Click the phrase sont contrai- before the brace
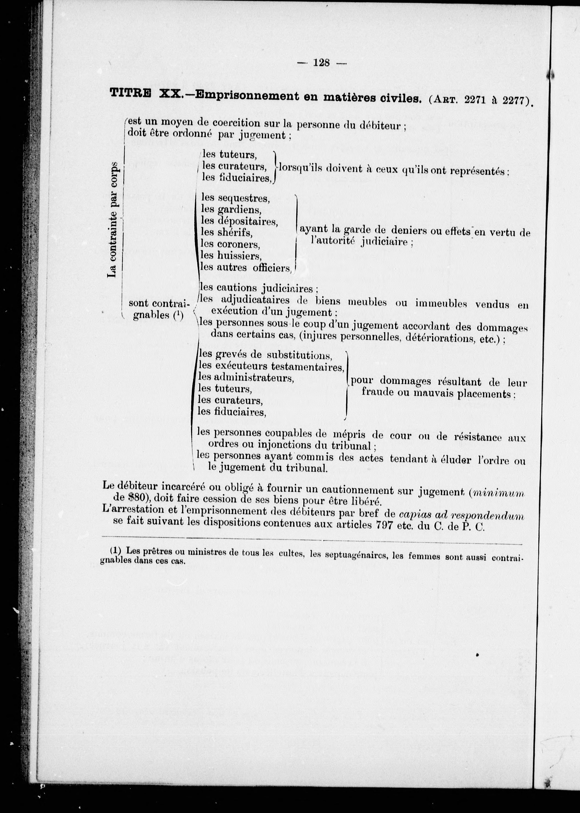(158, 304)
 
